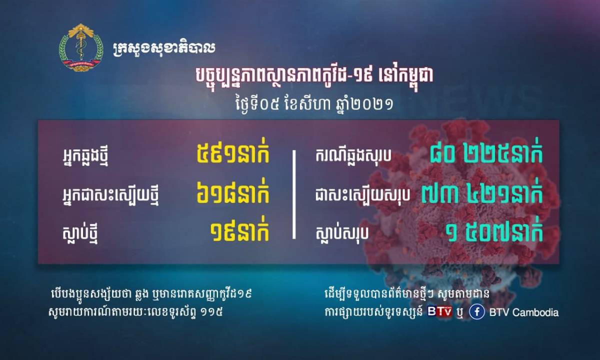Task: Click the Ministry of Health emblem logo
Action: click(x=81, y=47)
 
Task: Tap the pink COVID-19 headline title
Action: click(x=314, y=76)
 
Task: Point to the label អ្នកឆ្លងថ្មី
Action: click(x=85, y=156)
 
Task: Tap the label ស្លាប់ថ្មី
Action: click(x=79, y=233)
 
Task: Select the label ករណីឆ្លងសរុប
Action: click(x=353, y=155)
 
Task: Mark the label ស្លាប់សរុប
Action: click(x=342, y=233)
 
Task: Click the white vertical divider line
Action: click(x=294, y=194)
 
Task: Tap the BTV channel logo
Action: click(x=439, y=311)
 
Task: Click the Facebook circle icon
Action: click(x=477, y=312)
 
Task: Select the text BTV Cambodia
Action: click(x=523, y=312)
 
